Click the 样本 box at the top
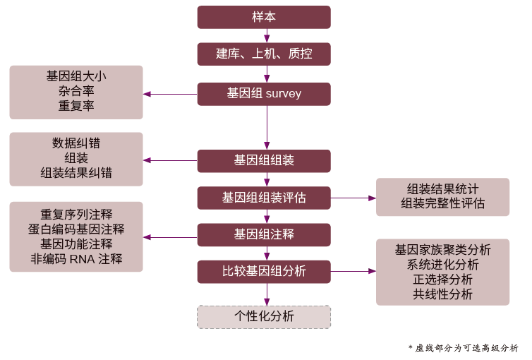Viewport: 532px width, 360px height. pyautogui.click(x=264, y=17)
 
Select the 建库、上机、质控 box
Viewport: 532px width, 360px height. pyautogui.click(x=264, y=54)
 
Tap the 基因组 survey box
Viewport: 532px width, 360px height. pyautogui.click(x=264, y=94)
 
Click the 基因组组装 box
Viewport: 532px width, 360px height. pyautogui.click(x=264, y=161)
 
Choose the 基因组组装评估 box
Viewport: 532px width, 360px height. pyautogui.click(x=264, y=198)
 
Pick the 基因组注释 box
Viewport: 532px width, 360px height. pyautogui.click(x=264, y=234)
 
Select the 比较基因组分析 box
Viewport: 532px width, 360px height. pyautogui.click(x=264, y=271)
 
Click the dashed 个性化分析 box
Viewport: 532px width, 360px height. pyautogui.click(x=264, y=316)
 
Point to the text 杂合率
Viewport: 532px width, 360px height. pyautogui.click(x=76, y=91)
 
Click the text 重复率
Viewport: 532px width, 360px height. pyautogui.click(x=76, y=106)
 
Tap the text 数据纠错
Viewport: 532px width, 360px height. pyautogui.click(x=76, y=143)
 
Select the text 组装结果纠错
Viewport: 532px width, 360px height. pyautogui.click(x=76, y=173)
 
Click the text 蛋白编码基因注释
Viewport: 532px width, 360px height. pyautogui.click(x=76, y=229)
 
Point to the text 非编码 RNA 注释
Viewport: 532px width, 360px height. pyautogui.click(x=76, y=259)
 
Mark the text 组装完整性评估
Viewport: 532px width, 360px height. pyautogui.click(x=442, y=203)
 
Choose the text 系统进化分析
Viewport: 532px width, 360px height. pyautogui.click(x=442, y=265)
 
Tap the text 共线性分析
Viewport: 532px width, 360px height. pyautogui.click(x=442, y=294)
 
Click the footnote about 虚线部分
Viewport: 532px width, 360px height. pyautogui.click(x=463, y=348)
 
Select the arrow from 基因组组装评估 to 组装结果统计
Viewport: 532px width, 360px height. pyautogui.click(x=353, y=198)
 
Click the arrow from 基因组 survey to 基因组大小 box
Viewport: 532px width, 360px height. pyautogui.click(x=170, y=94)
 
